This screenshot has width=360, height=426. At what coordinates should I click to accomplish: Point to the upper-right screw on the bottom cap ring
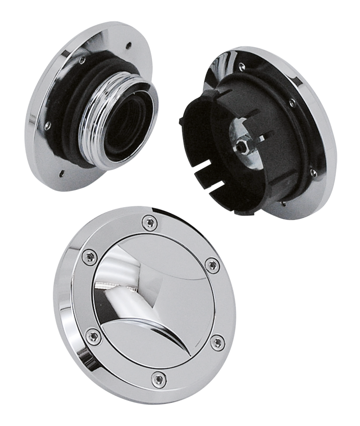pyautogui.click(x=211, y=265)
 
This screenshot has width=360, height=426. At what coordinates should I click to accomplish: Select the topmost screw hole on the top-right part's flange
pyautogui.click(x=242, y=65)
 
